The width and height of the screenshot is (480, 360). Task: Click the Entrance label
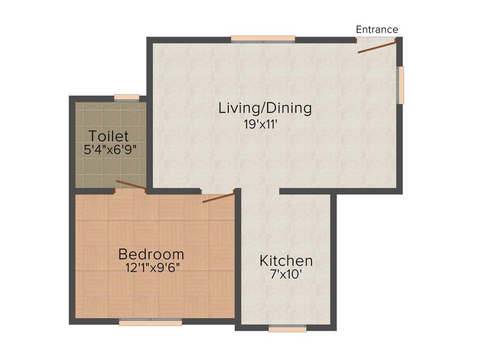377,30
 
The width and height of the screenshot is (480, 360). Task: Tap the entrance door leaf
377,47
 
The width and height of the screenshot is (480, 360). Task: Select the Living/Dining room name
265,108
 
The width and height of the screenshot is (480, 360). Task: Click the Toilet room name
109,136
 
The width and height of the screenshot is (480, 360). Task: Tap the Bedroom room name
151,255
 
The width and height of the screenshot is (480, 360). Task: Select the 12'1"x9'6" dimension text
153,269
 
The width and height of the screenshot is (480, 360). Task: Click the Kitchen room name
286,261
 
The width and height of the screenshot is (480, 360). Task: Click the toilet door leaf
131,185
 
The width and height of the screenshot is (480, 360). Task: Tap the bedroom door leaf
218,197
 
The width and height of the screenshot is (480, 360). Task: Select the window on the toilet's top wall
127,97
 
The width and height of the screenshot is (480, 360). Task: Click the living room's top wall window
263,39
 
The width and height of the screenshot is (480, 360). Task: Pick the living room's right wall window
401,85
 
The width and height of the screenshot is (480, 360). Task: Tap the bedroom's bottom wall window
150,322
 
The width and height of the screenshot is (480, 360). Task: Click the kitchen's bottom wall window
287,329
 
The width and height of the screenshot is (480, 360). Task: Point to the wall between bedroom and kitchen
238,258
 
